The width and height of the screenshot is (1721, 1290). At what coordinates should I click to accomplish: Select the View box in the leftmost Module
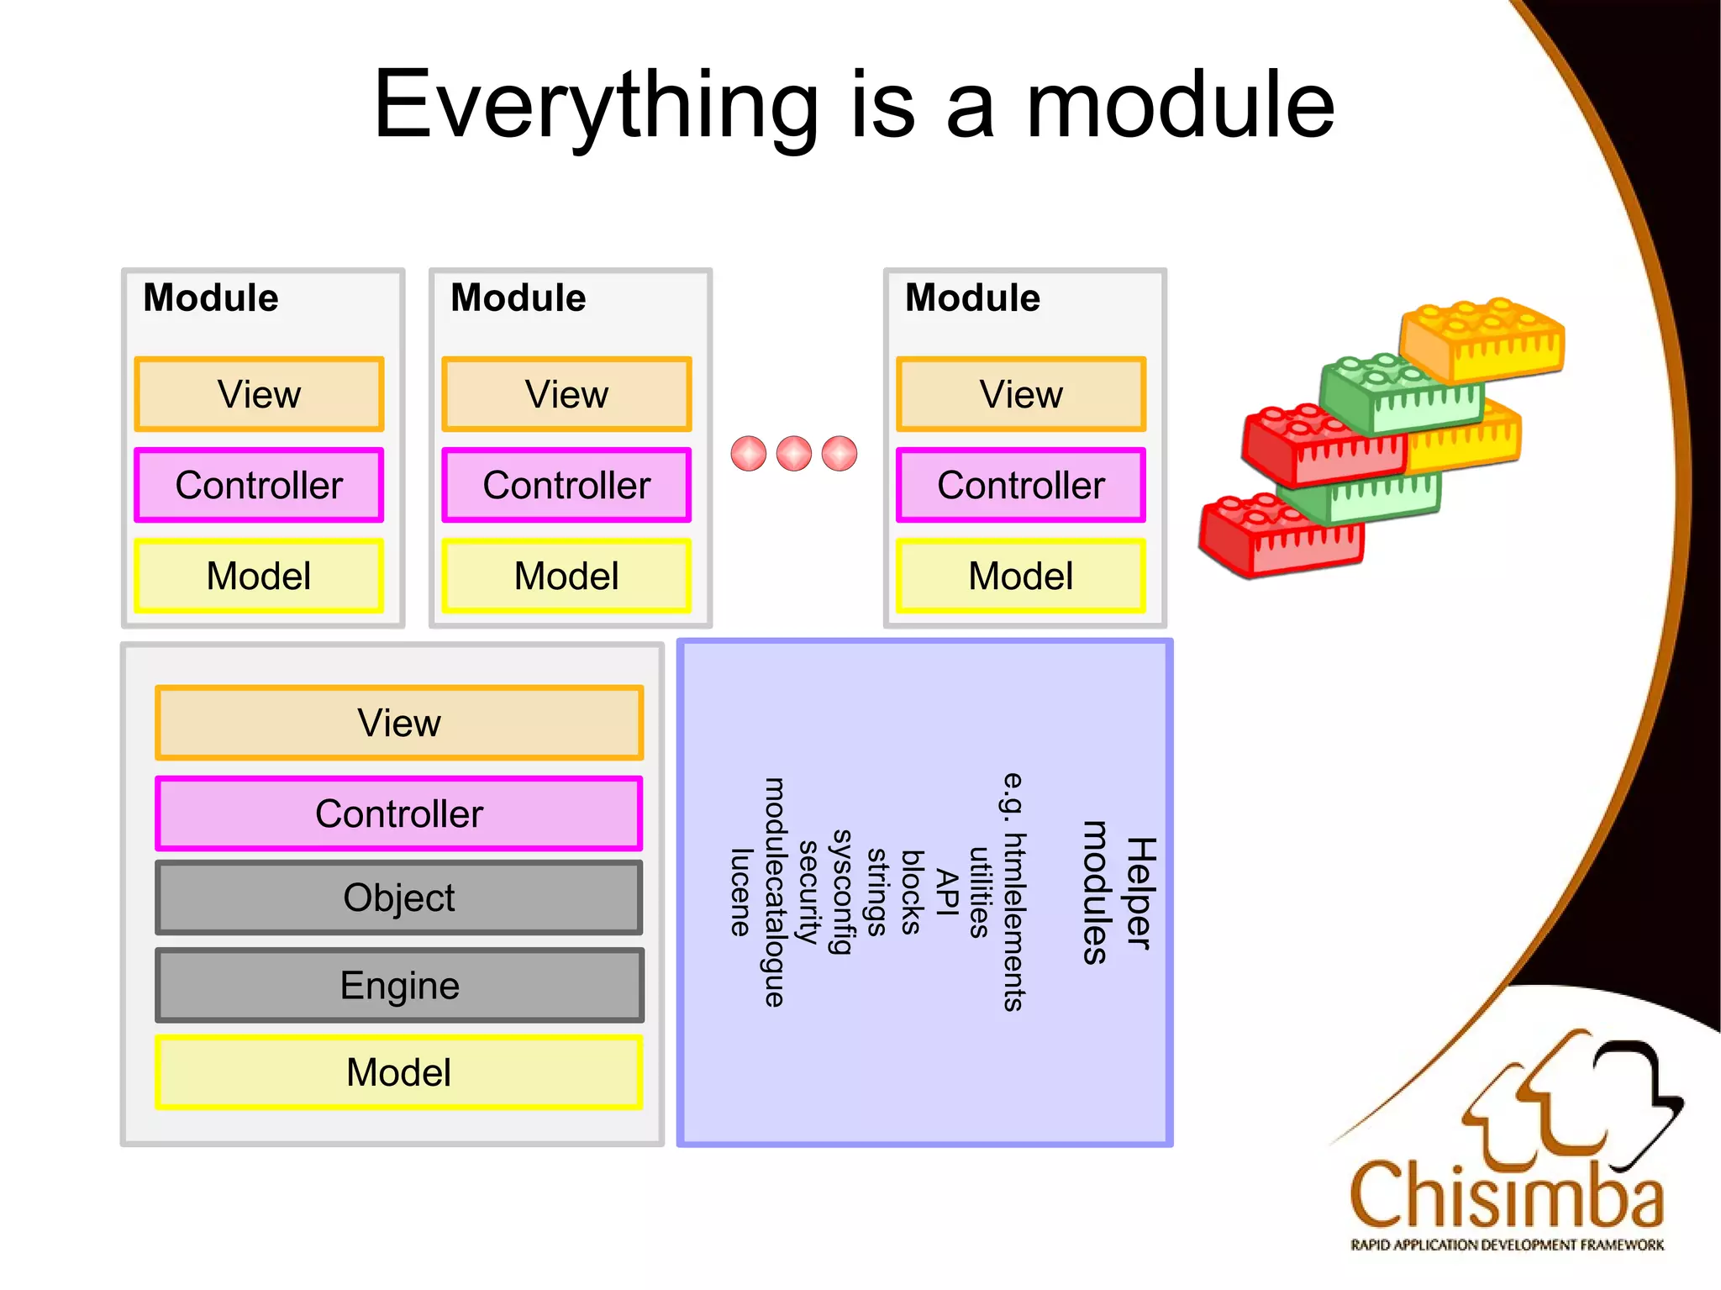coord(259,394)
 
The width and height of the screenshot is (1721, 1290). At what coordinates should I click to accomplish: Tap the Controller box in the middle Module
coord(566,485)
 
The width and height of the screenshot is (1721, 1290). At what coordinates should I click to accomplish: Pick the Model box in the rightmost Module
coord(1020,576)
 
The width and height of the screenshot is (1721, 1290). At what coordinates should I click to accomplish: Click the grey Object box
coord(398,898)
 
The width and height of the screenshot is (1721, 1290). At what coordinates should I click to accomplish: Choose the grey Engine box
coord(398,985)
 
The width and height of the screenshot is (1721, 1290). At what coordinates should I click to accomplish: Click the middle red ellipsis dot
coord(793,454)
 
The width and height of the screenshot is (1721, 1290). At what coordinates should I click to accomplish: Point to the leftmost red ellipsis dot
coord(748,454)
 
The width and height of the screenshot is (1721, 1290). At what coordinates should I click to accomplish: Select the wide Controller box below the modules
coord(398,813)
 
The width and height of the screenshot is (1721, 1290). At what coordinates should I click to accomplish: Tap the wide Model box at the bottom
coord(398,1072)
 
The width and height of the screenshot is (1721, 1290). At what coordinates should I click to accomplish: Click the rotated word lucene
coord(739,892)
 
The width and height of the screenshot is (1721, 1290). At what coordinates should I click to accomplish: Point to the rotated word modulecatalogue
coord(774,892)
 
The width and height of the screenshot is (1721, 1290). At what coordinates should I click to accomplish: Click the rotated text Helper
coord(1140,892)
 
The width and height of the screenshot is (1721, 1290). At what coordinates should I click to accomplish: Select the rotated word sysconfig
coord(841,892)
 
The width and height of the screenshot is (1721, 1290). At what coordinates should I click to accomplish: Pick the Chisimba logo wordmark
coord(1506,1195)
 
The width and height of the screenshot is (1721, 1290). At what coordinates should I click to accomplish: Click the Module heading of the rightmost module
coord(972,297)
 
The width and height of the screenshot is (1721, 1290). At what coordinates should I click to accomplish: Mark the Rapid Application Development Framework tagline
coord(1506,1245)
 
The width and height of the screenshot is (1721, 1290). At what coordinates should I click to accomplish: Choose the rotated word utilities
coord(978,892)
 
